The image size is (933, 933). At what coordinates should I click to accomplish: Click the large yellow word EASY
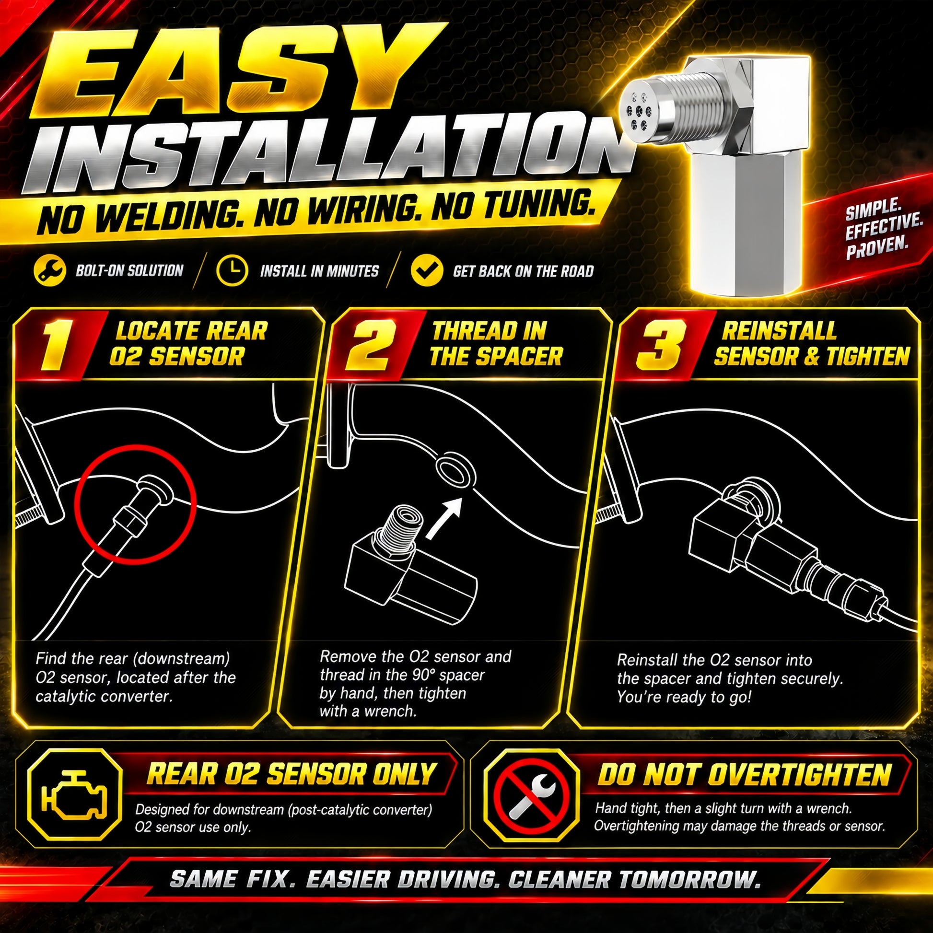(x=227, y=72)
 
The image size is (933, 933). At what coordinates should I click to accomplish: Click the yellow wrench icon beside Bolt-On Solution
(x=50, y=270)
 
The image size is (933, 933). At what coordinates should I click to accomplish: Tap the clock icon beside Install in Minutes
(x=232, y=270)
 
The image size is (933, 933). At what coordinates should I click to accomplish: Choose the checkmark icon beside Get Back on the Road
(x=427, y=270)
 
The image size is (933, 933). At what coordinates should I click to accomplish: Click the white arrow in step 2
(x=444, y=517)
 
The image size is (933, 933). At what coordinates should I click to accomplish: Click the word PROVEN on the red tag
(x=876, y=248)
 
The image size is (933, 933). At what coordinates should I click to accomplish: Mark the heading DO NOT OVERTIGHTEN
(x=744, y=775)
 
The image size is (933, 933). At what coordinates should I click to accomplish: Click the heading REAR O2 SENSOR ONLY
(x=291, y=774)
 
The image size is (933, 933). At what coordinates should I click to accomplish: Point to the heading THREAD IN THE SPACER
(x=495, y=344)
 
